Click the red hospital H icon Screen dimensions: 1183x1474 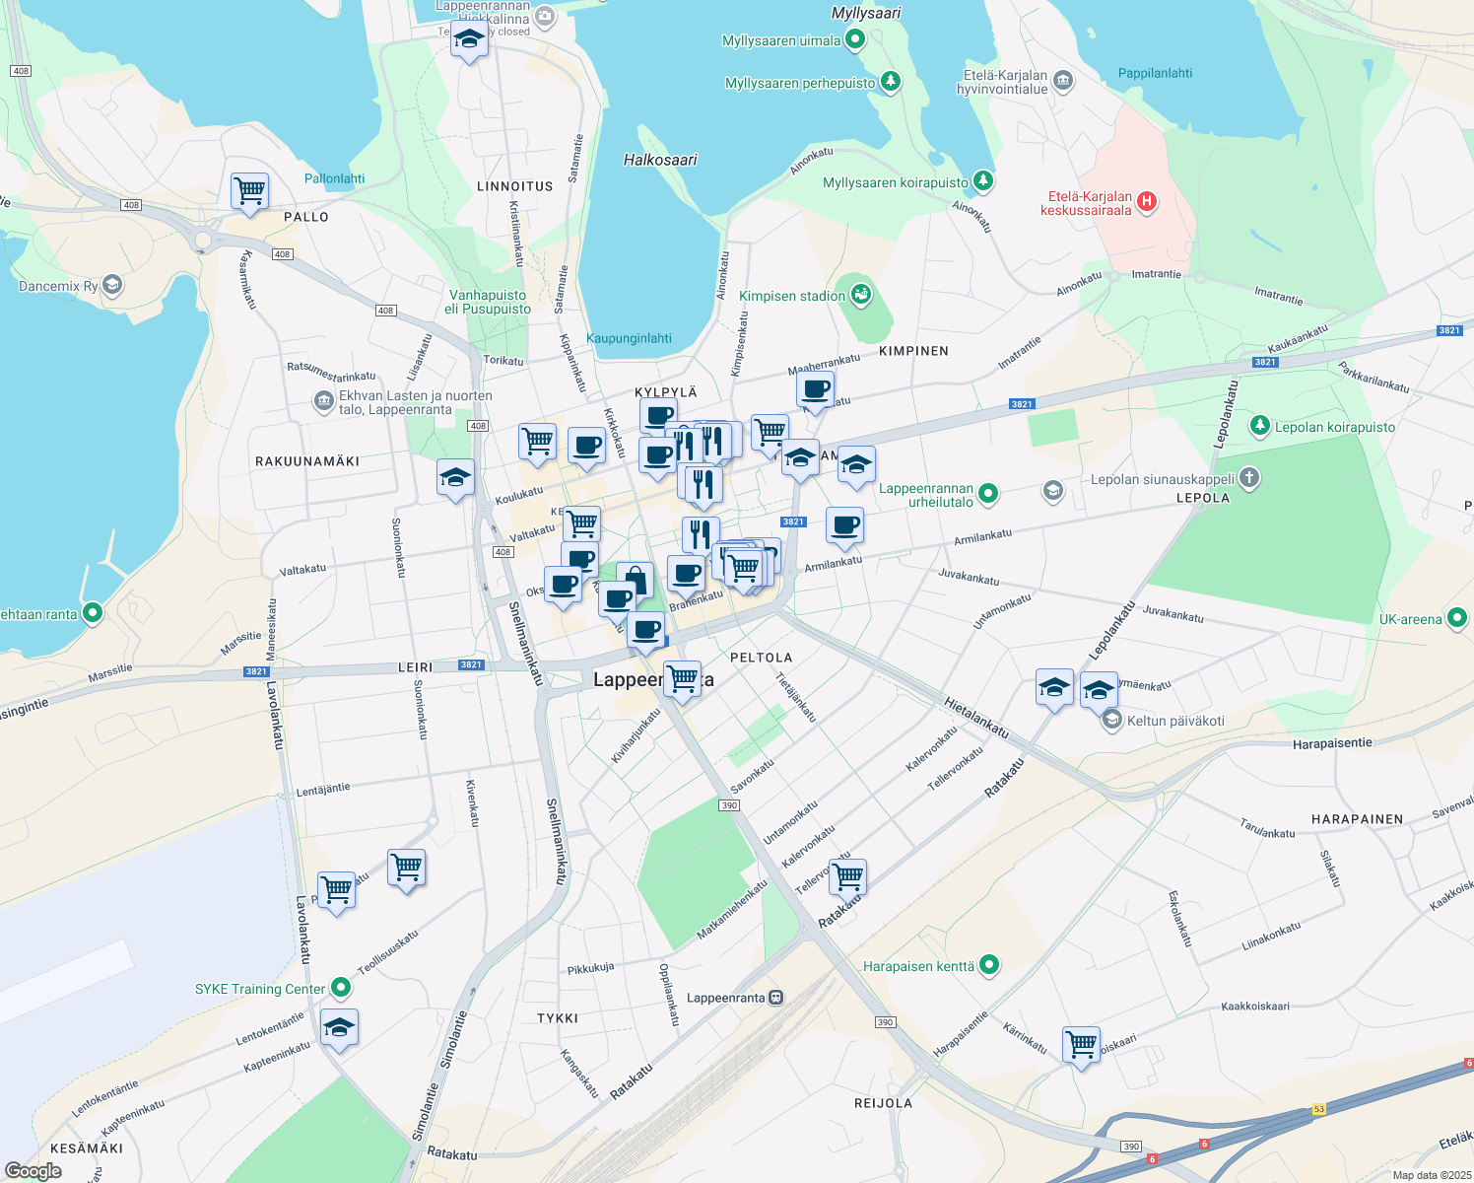(x=1146, y=202)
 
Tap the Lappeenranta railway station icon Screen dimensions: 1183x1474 (x=776, y=998)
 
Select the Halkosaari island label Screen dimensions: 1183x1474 (x=660, y=160)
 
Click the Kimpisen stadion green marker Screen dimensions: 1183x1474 (x=861, y=295)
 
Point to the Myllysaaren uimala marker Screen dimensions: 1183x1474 (x=855, y=40)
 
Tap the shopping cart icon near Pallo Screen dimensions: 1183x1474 (x=249, y=190)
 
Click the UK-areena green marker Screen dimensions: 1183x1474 (x=1457, y=619)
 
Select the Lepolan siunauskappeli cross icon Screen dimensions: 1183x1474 (x=1249, y=479)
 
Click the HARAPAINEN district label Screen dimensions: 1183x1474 (x=1357, y=819)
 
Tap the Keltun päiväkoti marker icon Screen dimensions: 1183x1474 (x=1112, y=721)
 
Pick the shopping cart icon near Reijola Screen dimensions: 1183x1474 (x=1081, y=1044)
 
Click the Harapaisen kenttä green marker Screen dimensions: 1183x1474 (x=990, y=965)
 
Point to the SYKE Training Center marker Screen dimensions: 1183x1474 (x=341, y=988)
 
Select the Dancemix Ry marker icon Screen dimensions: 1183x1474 (x=112, y=286)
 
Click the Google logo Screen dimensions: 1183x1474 (x=33, y=1171)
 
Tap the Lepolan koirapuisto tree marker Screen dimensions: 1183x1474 (x=1259, y=426)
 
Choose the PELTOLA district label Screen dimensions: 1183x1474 (x=761, y=658)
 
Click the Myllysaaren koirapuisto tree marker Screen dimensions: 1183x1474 (x=982, y=181)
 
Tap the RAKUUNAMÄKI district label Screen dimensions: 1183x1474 (x=307, y=461)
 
